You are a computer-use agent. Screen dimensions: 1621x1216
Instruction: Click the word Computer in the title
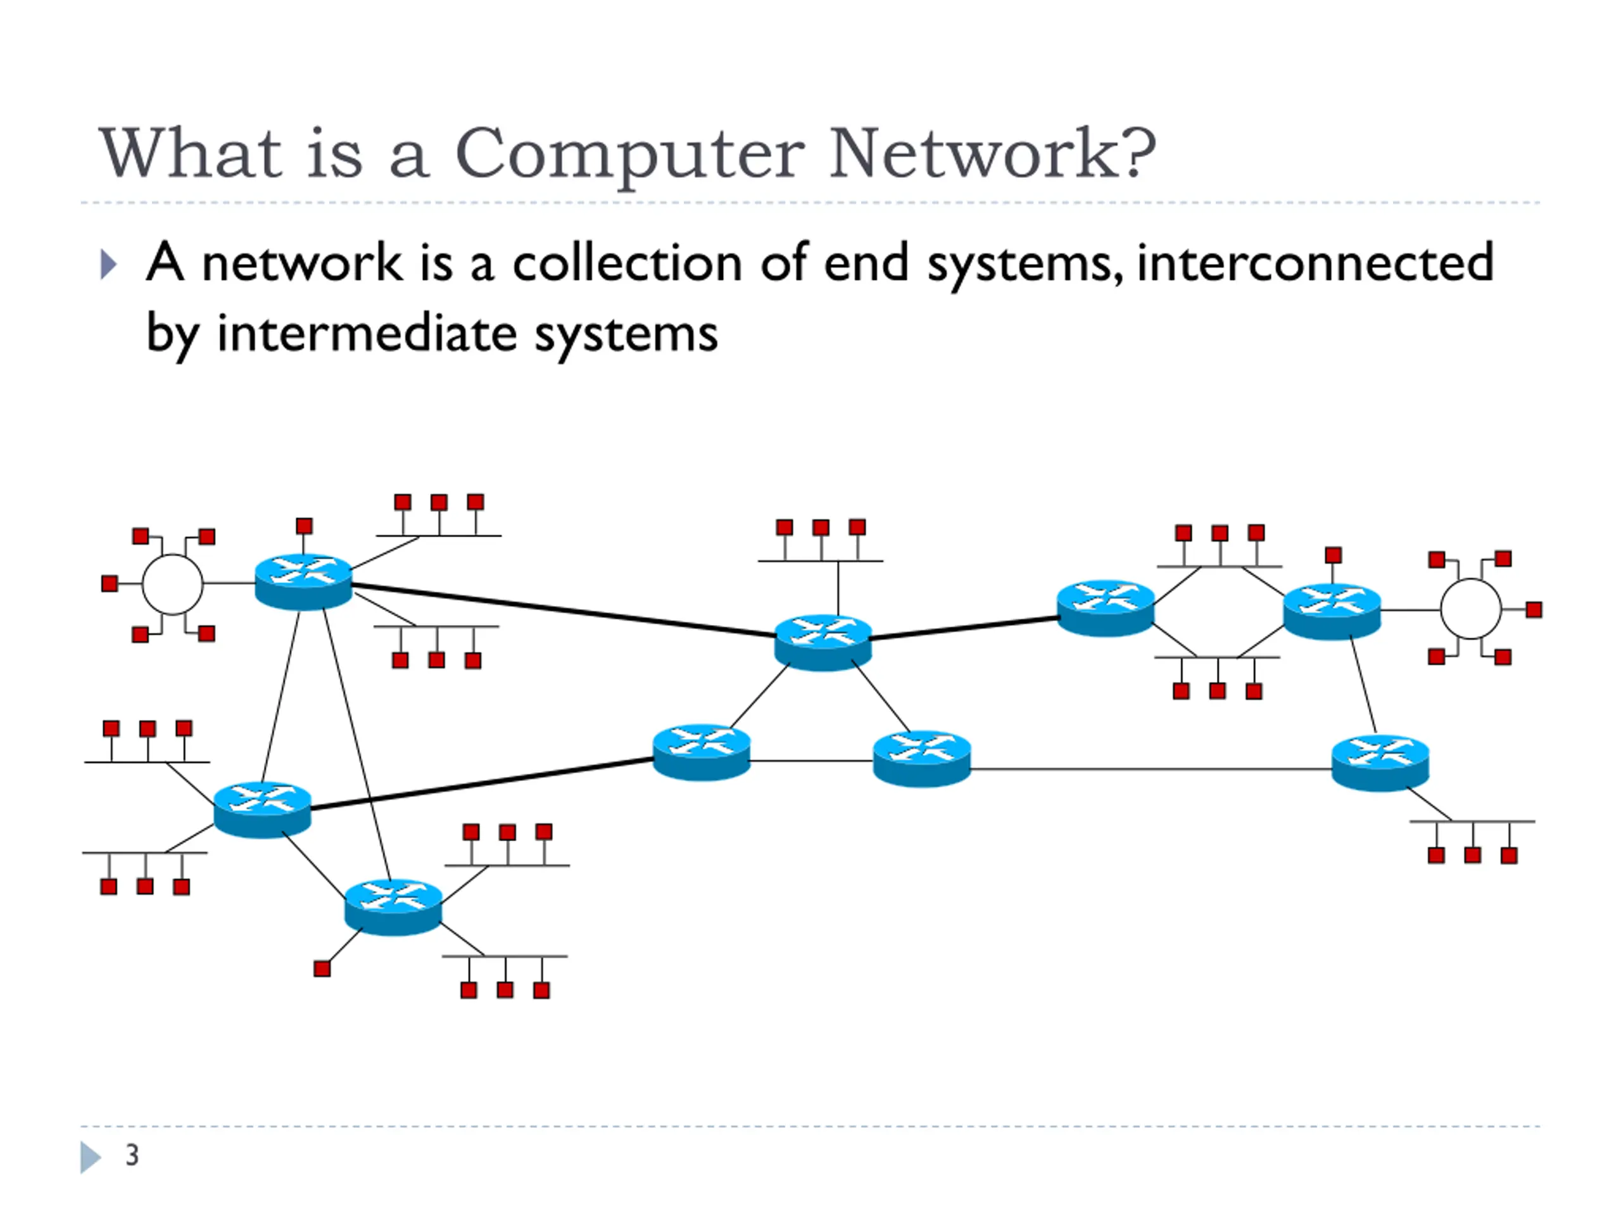(x=629, y=155)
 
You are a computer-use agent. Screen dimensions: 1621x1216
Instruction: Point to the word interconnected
(x=1315, y=262)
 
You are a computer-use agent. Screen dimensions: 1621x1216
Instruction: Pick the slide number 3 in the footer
(x=132, y=1155)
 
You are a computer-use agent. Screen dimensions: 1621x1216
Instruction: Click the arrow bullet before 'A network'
(x=108, y=265)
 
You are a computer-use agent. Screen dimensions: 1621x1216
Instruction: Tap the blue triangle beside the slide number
(x=90, y=1157)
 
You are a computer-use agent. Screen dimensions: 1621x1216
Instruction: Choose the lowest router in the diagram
(x=393, y=907)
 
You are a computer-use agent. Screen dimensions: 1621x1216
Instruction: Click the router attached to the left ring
(x=303, y=582)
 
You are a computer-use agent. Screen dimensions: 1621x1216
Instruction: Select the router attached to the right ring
(x=1332, y=611)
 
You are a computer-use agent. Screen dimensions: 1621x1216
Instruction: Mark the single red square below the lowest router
(x=322, y=969)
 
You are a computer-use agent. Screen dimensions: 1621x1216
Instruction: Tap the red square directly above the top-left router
(x=304, y=526)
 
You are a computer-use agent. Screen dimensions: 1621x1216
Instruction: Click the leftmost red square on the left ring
(x=109, y=583)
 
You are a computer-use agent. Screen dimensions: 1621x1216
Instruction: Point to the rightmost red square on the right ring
(x=1534, y=610)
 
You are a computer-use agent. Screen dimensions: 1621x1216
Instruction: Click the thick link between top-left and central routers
(x=564, y=610)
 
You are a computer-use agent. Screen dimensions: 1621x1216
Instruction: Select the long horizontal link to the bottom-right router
(x=1151, y=769)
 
